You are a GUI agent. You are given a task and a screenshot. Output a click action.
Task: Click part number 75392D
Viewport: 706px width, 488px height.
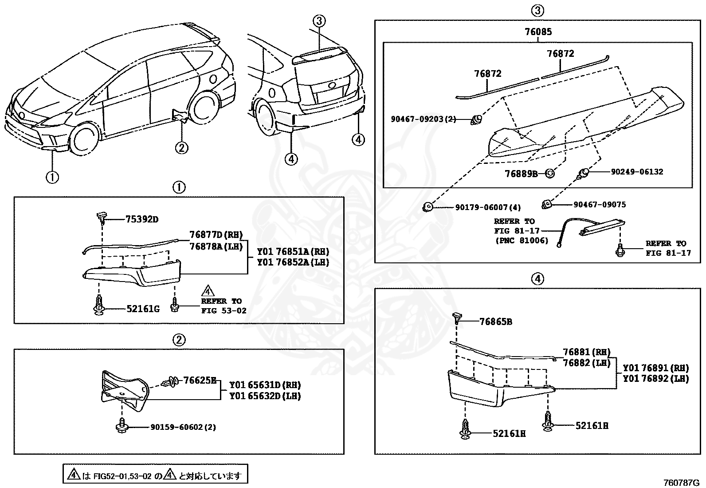click(141, 219)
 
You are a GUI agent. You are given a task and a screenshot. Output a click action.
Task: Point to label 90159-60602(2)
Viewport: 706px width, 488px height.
click(183, 427)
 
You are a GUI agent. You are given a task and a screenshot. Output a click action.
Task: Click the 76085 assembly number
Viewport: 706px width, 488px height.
click(538, 32)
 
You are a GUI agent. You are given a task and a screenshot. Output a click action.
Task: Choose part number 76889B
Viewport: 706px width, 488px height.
click(521, 174)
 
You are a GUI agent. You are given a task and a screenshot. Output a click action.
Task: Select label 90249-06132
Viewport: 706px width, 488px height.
click(637, 171)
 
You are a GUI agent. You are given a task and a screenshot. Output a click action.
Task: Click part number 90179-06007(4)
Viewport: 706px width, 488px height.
click(488, 207)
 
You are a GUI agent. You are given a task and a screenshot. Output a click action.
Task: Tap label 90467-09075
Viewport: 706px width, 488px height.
click(600, 204)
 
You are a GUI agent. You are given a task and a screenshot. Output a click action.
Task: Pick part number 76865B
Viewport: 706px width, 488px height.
click(496, 321)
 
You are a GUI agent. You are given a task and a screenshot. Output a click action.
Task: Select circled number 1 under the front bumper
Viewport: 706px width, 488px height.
click(52, 177)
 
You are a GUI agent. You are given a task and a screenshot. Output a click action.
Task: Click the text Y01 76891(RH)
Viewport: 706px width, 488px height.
click(655, 368)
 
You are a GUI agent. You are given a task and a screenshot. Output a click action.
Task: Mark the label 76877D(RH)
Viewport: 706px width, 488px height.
click(216, 235)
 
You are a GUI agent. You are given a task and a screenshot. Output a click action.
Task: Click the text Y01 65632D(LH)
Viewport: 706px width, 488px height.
click(265, 396)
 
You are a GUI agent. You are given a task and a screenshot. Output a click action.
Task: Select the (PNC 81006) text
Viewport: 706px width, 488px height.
click(521, 240)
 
